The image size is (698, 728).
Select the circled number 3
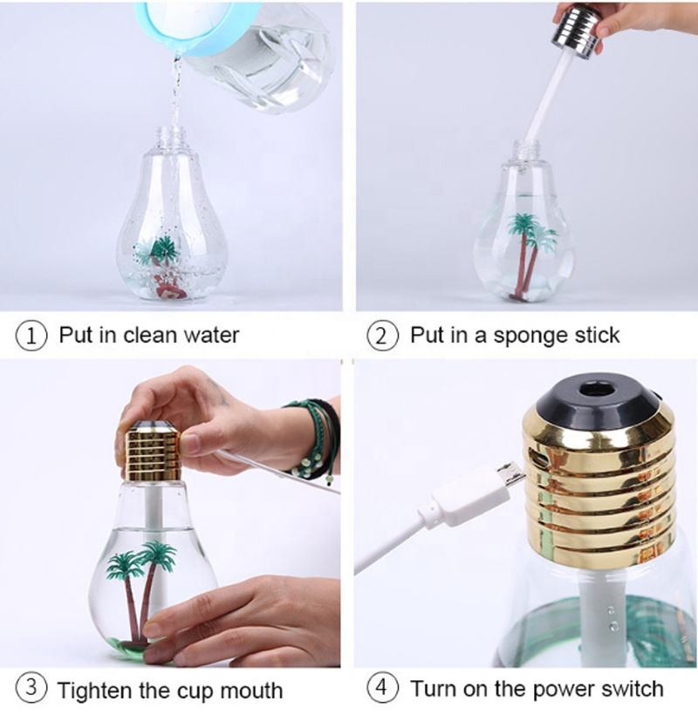pyautogui.click(x=31, y=688)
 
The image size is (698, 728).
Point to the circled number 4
pyautogui.click(x=382, y=688)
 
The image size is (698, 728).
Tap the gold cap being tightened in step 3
pyautogui.click(x=154, y=451)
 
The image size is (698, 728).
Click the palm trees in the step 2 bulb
pyautogui.click(x=530, y=255)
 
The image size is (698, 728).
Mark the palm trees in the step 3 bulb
pyautogui.click(x=140, y=589)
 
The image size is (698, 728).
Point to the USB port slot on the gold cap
pyautogui.click(x=538, y=460)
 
